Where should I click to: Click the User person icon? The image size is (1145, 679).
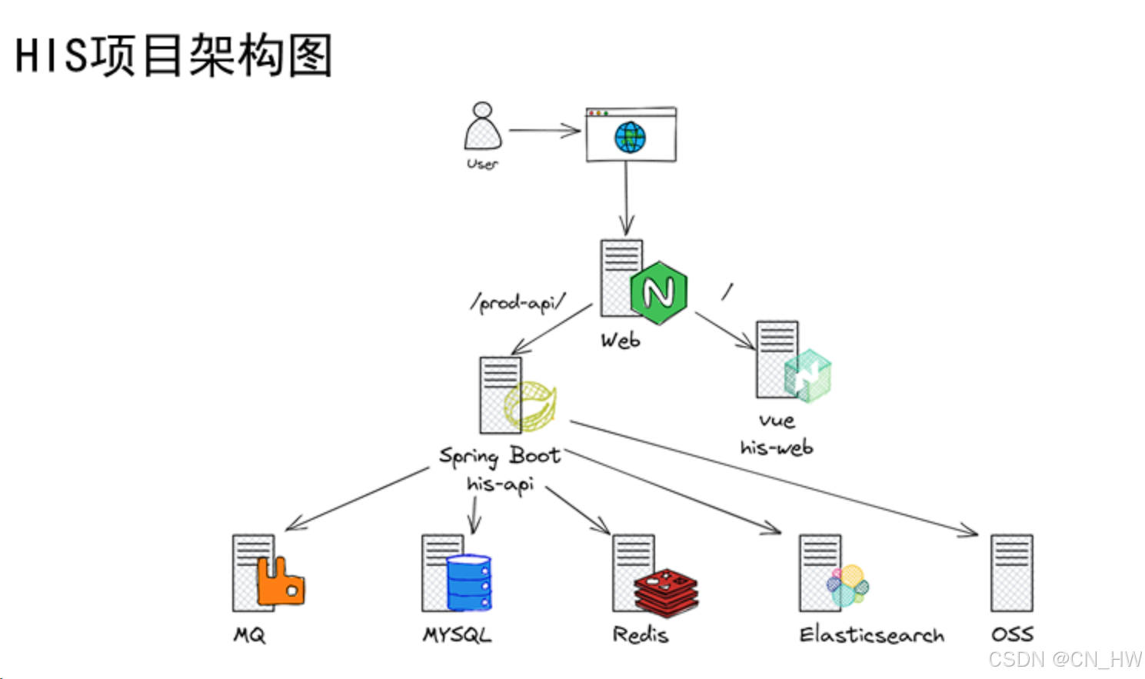tap(482, 127)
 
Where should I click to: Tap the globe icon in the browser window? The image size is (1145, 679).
tap(630, 138)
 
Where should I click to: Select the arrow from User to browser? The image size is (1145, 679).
tap(544, 131)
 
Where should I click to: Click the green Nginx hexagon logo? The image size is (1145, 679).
tap(658, 292)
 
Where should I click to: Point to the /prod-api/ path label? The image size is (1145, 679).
tap(518, 302)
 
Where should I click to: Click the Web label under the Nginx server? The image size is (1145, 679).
tap(620, 340)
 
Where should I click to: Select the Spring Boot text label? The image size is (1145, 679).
tap(500, 456)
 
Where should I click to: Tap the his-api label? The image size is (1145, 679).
tap(500, 484)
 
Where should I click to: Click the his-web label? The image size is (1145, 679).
tap(776, 448)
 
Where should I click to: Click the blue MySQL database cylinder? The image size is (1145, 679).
tap(468, 582)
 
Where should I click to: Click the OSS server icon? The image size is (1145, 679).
tap(1011, 573)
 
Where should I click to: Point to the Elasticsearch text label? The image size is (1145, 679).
tap(871, 635)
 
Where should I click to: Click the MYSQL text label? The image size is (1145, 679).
tap(457, 635)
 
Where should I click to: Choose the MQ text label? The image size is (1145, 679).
tap(250, 635)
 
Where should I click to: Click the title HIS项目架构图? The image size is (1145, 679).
tap(174, 55)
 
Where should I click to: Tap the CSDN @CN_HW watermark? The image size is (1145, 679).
tap(1064, 660)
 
